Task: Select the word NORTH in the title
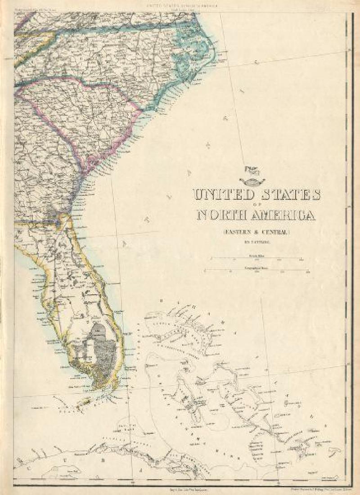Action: click(225, 216)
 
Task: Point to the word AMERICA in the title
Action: click(286, 216)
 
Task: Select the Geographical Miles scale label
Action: click(254, 267)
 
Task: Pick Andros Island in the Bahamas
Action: click(189, 396)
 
